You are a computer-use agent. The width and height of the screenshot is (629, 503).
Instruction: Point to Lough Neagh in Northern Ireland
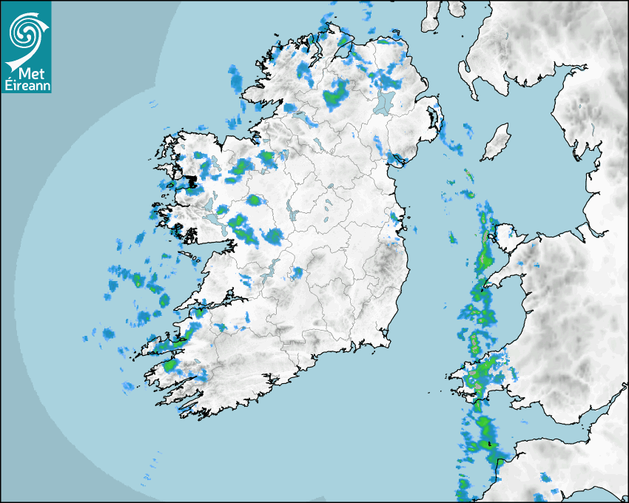coord(384,102)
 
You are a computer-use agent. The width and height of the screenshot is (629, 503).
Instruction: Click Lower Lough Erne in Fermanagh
coord(299,116)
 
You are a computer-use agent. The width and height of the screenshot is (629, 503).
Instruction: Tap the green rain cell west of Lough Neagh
coord(336,94)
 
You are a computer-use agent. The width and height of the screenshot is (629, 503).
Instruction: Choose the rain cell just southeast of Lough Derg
coord(297,273)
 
